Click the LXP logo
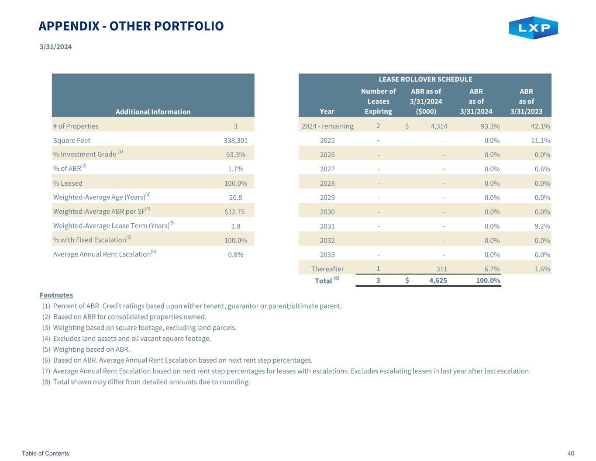[533, 28]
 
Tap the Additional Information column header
[153, 111]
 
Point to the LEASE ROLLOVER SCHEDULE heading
[425, 79]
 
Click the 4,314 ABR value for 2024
[438, 126]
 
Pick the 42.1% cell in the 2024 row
[540, 126]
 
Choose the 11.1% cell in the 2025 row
[540, 140]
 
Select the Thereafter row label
[327, 269]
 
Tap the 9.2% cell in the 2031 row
[542, 226]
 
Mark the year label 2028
[327, 183]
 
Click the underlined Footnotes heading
[56, 295]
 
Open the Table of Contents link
[45, 453]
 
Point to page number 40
[571, 453]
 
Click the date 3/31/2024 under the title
[55, 47]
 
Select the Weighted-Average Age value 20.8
[235, 198]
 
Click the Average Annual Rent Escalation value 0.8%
[235, 254]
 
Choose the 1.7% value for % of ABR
[235, 169]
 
